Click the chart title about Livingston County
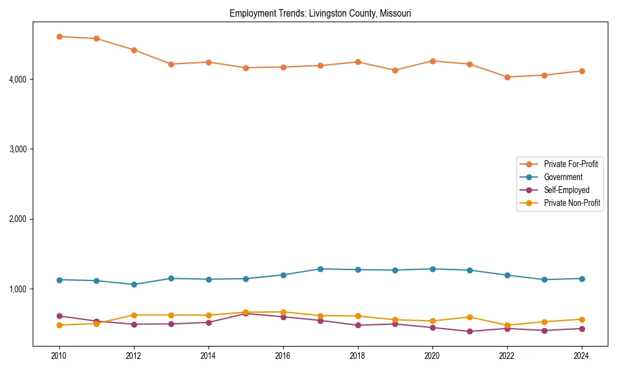tap(320, 13)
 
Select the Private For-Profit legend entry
tap(571, 164)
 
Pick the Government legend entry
tap(563, 177)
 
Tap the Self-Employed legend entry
tap(566, 190)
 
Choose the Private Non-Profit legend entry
tap(572, 203)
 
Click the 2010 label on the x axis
tap(59, 356)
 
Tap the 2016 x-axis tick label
tap(283, 356)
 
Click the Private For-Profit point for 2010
tap(59, 36)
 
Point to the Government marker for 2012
tap(134, 284)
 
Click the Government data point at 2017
tap(320, 269)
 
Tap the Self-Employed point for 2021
tap(470, 331)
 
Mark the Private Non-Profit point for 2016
tap(283, 312)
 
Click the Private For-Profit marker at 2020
tap(433, 61)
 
